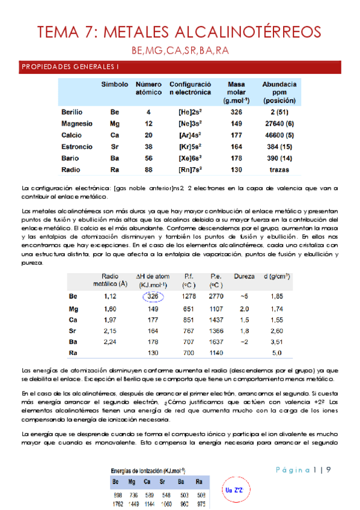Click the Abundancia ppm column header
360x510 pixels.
point(279,93)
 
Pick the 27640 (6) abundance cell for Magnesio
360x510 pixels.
point(279,123)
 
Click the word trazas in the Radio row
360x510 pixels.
point(279,169)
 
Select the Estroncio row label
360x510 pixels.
point(77,146)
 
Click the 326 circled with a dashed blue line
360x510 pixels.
point(153,296)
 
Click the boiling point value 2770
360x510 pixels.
point(216,296)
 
